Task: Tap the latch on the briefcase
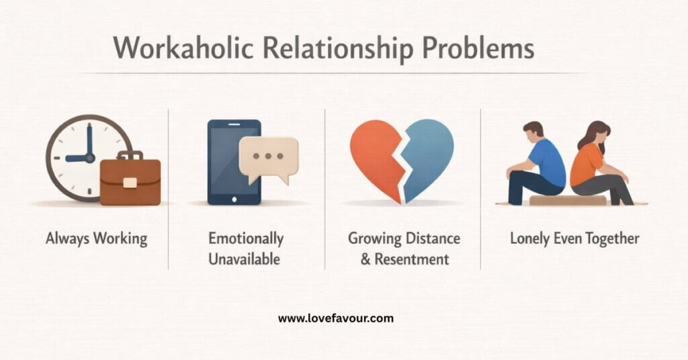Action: coord(130,182)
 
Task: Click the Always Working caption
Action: coord(96,238)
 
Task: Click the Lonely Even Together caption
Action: coord(574,238)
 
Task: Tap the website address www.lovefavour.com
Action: coord(336,319)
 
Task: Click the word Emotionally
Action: coord(246,238)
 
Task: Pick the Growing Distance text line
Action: coord(403,238)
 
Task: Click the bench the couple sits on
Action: coord(568,200)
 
